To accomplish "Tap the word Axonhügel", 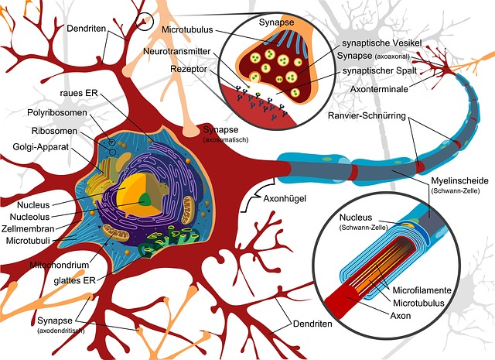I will click(x=285, y=200).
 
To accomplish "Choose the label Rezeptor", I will click(x=189, y=68).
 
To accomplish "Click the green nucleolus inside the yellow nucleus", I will click(x=145, y=199).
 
